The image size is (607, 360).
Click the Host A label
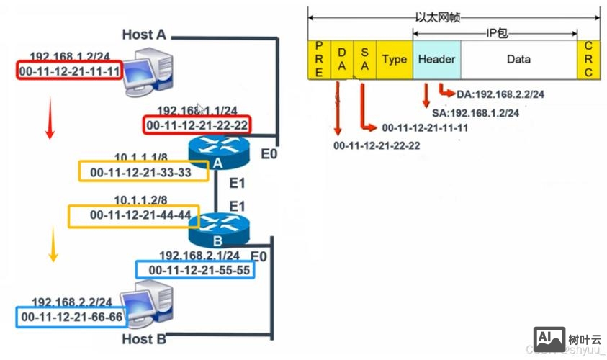point(144,34)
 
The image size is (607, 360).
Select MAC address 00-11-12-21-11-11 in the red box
point(69,71)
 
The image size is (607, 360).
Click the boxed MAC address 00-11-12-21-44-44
point(130,215)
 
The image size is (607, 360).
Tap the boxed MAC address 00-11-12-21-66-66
point(71,316)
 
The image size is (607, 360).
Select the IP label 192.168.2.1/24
point(199,255)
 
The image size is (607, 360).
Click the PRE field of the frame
point(319,60)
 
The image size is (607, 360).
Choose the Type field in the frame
point(395,60)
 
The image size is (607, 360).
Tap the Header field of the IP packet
point(436,60)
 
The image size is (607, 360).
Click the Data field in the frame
point(518,60)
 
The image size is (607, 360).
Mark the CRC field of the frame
point(588,60)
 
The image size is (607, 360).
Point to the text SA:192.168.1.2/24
point(475,113)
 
